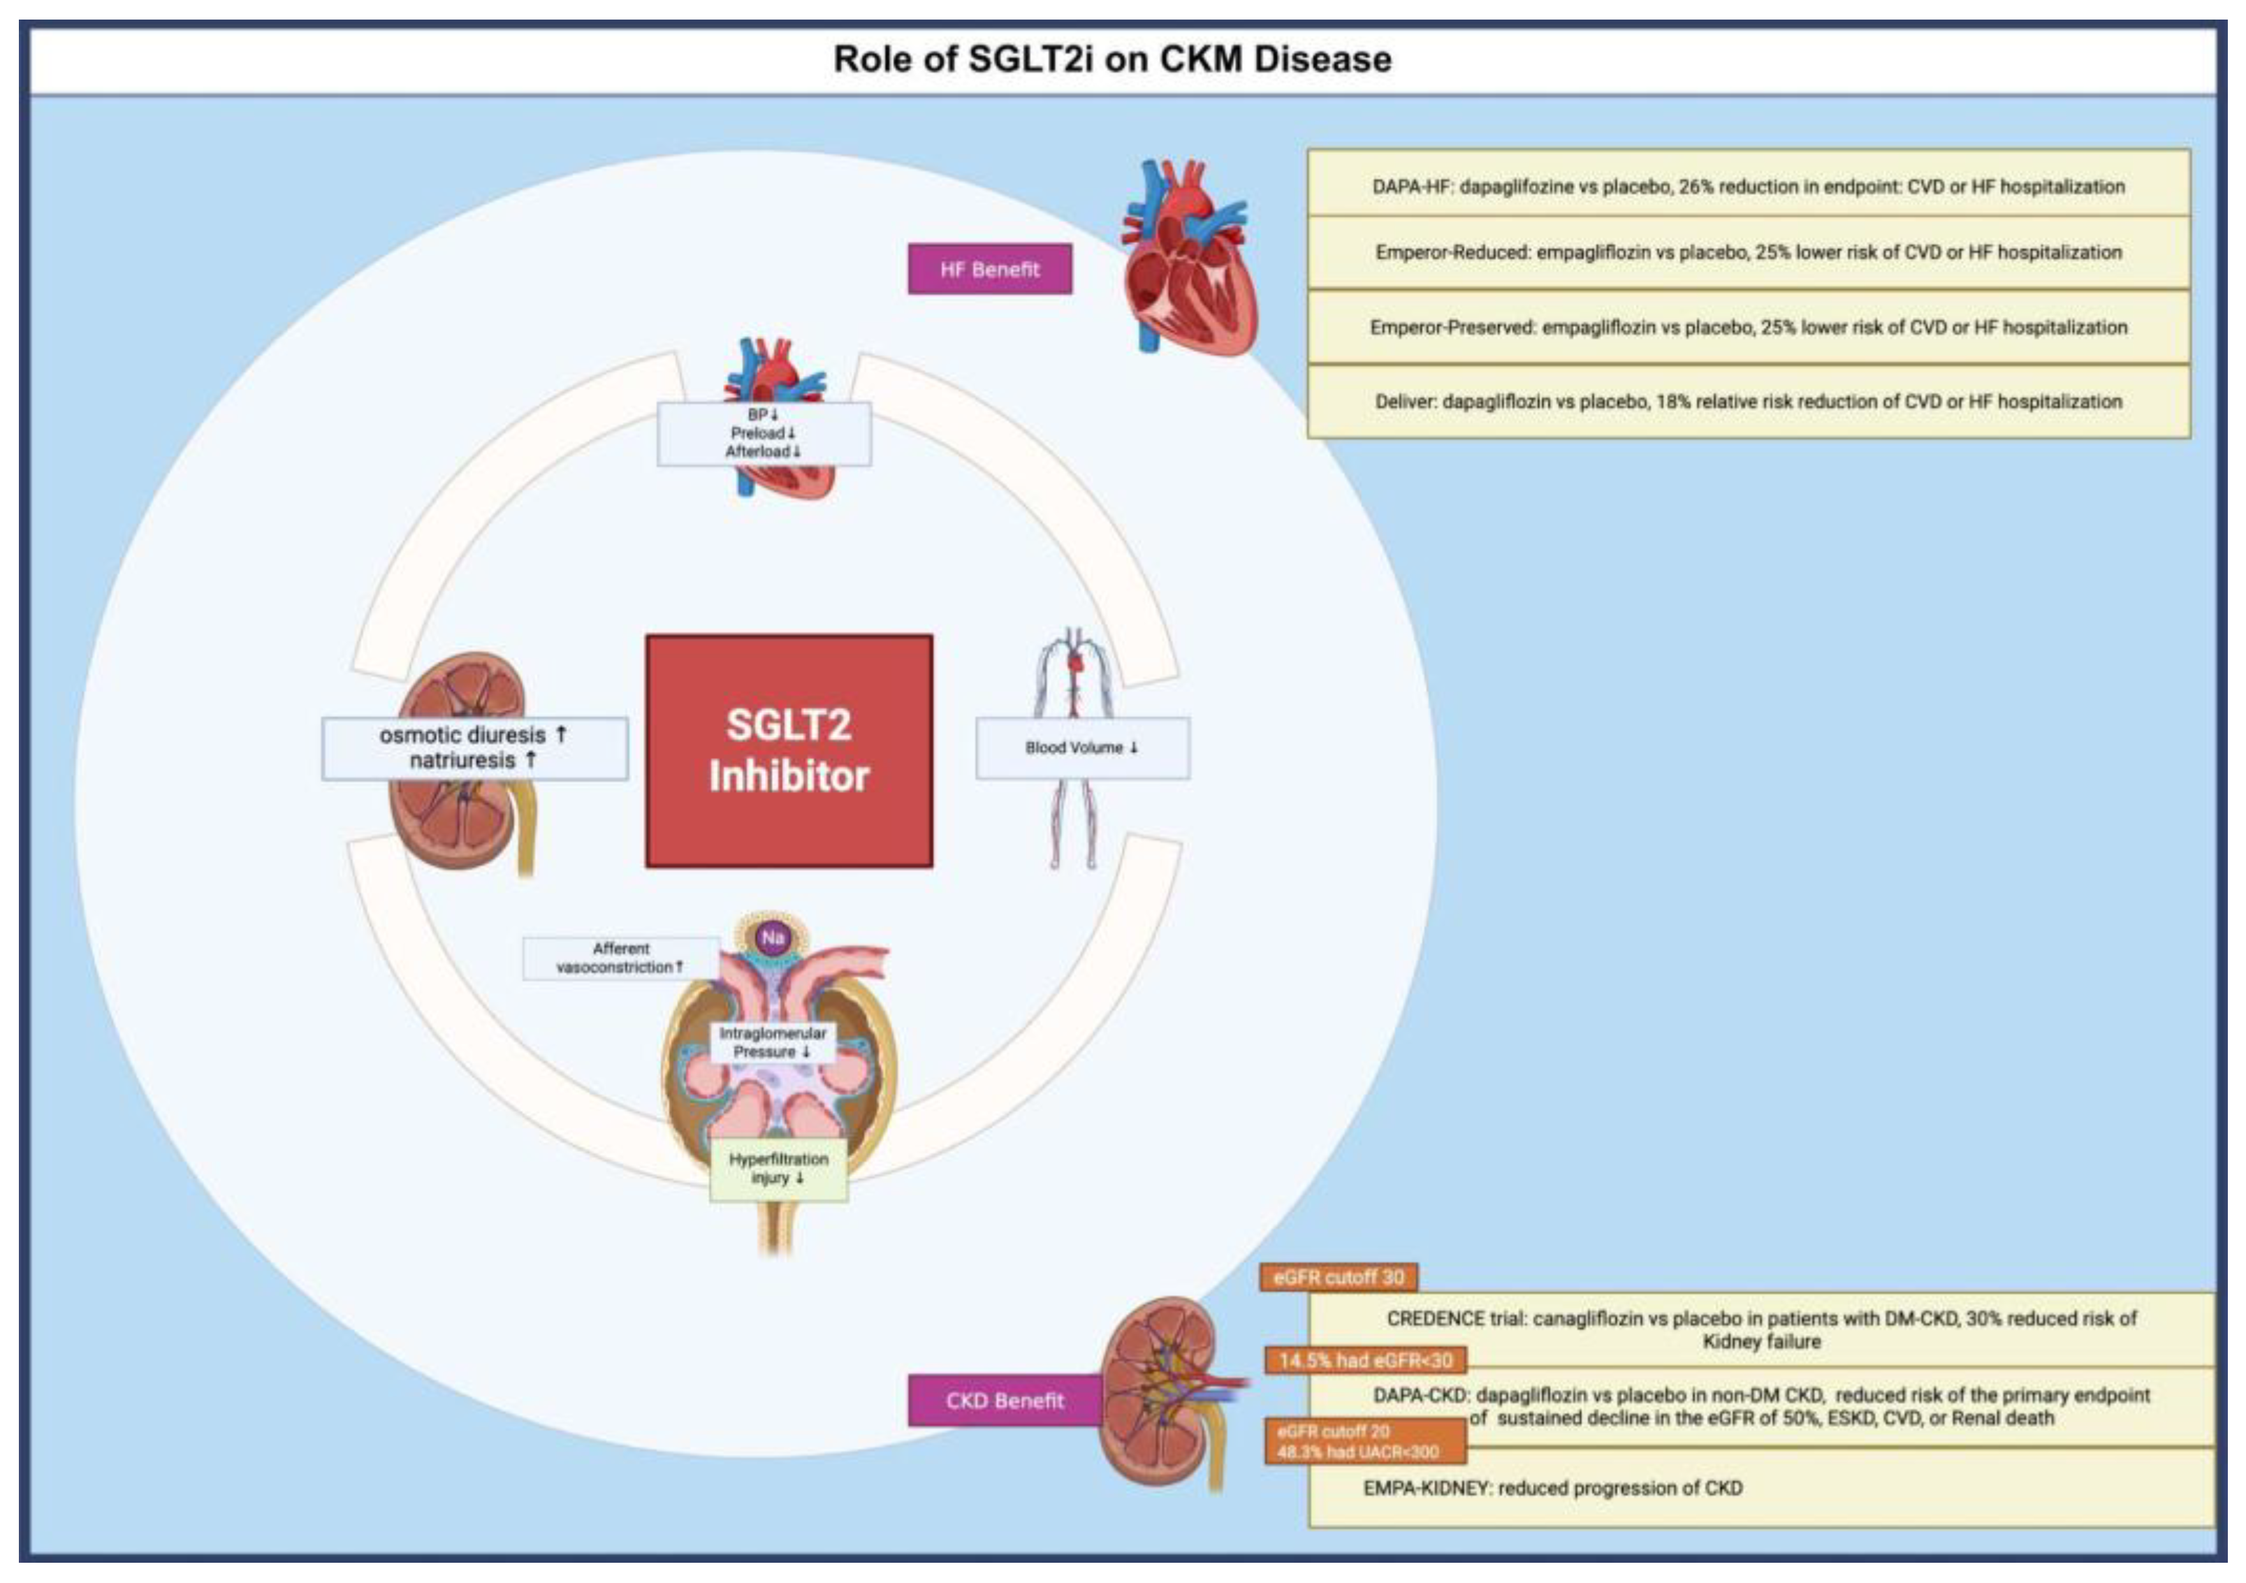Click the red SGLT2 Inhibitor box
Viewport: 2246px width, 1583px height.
(x=789, y=750)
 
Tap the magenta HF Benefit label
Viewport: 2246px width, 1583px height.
(x=989, y=269)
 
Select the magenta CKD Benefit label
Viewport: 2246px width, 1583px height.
(x=1004, y=1400)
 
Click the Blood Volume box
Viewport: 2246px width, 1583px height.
(x=1082, y=747)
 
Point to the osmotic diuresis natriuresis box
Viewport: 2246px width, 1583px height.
(x=474, y=747)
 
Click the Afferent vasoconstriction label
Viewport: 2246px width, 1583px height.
(x=620, y=958)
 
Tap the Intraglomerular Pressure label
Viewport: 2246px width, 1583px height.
(x=772, y=1042)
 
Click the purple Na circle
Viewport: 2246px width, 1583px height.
(x=773, y=938)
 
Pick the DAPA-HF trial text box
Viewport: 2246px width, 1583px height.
(x=1748, y=186)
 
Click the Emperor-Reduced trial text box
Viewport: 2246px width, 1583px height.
(x=1748, y=252)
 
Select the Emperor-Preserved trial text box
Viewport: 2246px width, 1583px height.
(x=1748, y=327)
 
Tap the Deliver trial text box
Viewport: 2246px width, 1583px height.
(x=1748, y=401)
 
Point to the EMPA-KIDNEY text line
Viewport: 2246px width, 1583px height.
(x=1552, y=1488)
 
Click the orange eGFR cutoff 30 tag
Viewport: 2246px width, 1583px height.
(x=1339, y=1277)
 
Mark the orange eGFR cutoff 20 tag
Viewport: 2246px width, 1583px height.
(x=1364, y=1441)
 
